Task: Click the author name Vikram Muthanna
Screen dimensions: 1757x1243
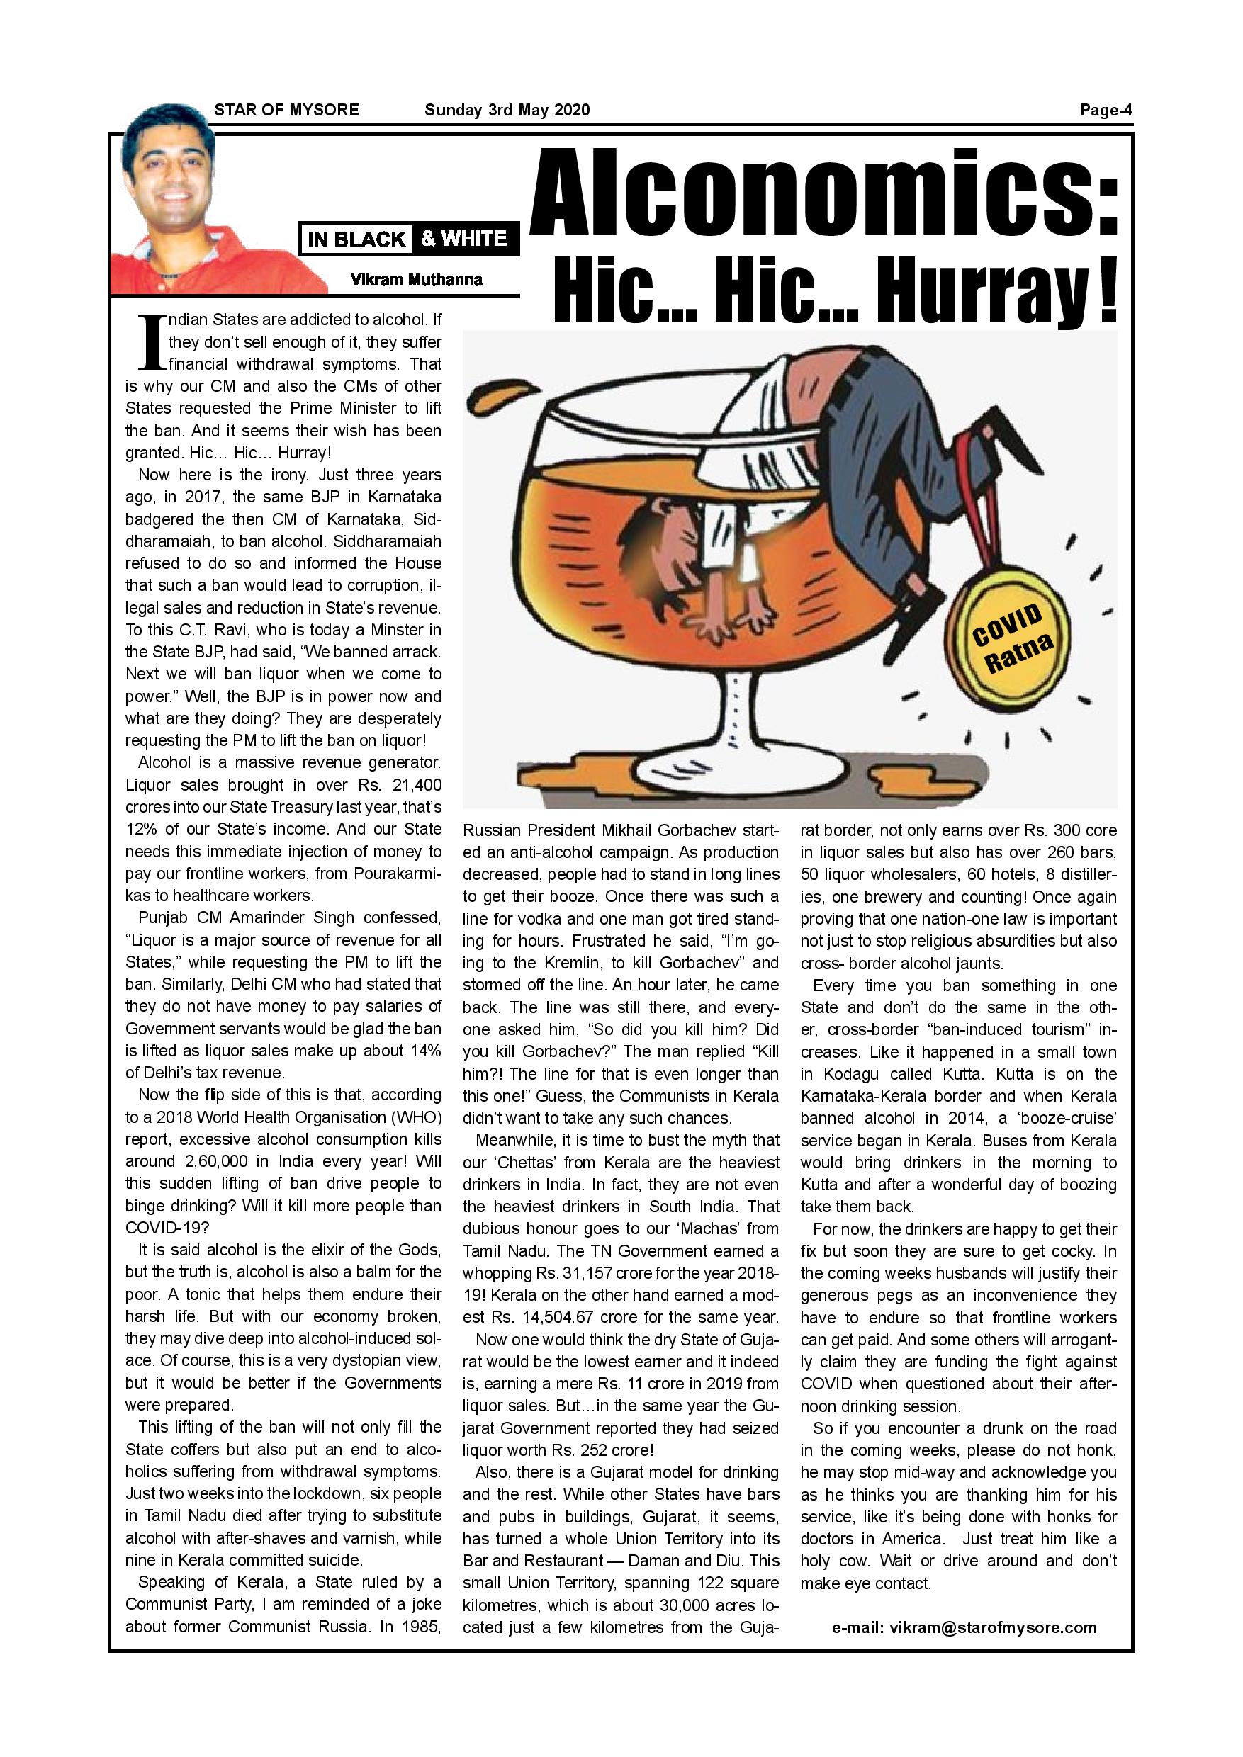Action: click(x=417, y=279)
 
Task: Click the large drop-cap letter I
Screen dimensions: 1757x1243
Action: click(x=149, y=342)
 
